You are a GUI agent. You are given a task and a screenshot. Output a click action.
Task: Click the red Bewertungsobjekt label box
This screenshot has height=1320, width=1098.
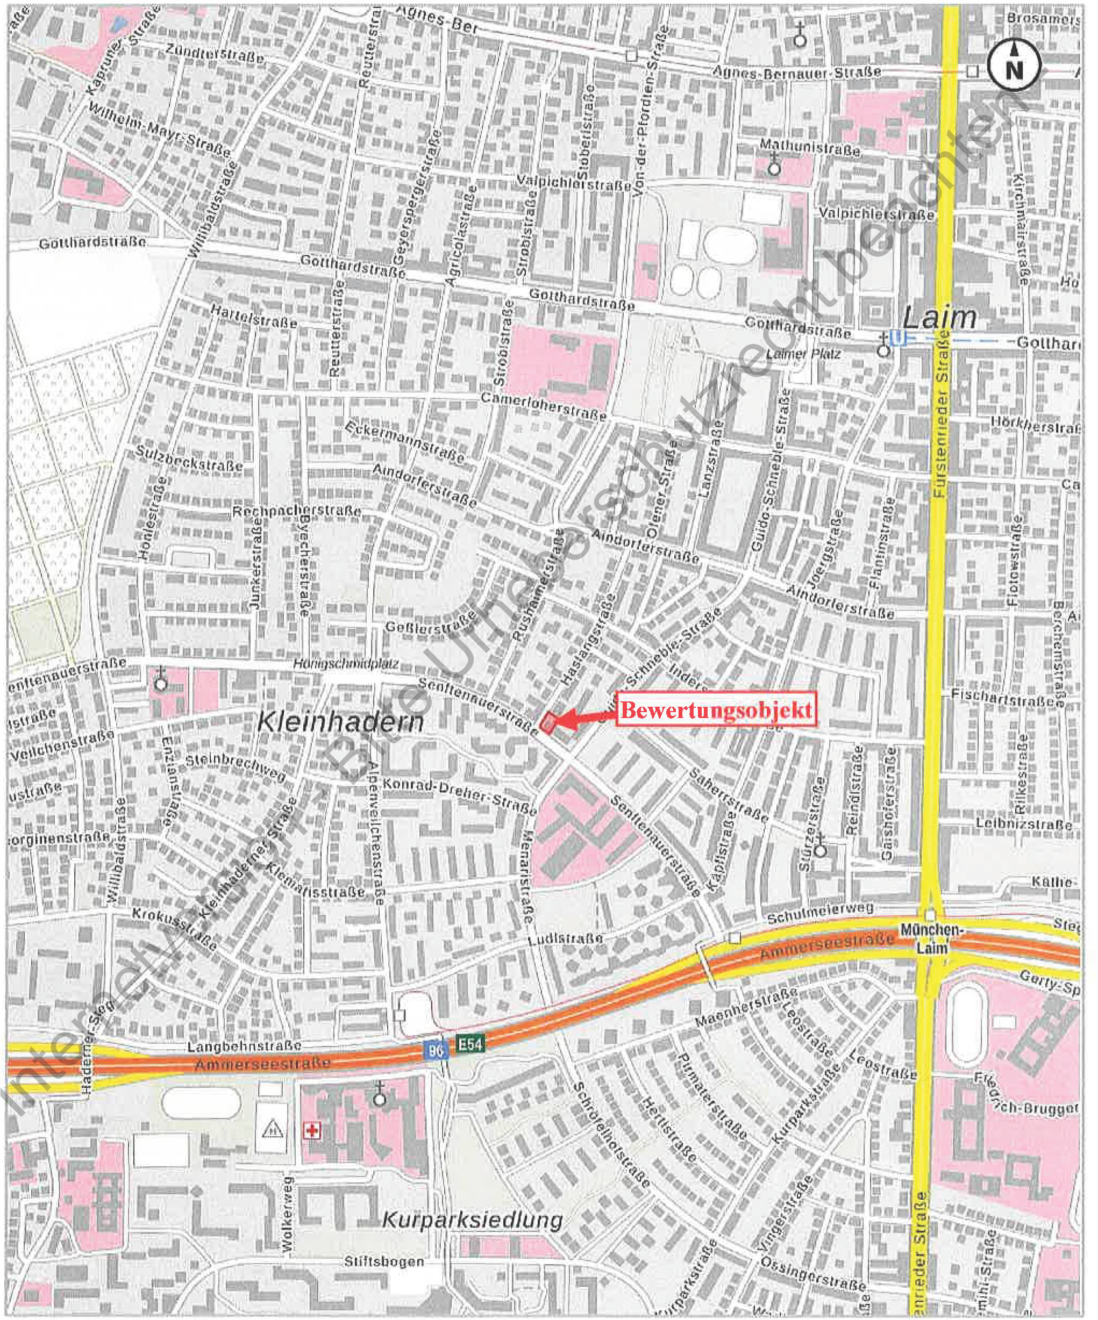(716, 711)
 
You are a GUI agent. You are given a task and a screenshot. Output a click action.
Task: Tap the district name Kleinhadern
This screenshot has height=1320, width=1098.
(341, 722)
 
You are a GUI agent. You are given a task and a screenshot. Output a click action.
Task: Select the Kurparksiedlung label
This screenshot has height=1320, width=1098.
(472, 1220)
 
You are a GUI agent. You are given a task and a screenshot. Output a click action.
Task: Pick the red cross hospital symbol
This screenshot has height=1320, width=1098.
(310, 1132)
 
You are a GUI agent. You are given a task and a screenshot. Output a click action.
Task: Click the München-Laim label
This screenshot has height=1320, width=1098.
(931, 938)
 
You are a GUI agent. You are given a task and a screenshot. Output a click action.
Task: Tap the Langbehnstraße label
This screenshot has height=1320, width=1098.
(245, 1047)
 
